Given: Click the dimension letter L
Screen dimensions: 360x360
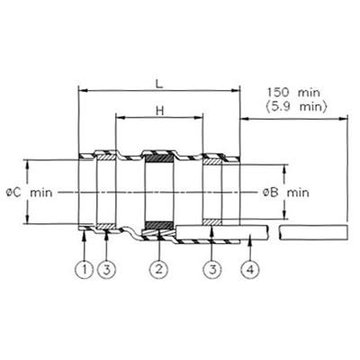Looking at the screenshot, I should [x=159, y=80].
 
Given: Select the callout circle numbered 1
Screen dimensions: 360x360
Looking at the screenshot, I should [x=85, y=269].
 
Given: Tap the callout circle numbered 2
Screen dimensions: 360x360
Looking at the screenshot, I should [x=159, y=269].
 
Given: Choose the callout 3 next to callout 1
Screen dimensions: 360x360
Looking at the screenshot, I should [x=106, y=269].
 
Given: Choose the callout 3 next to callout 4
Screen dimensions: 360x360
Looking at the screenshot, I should [x=214, y=269].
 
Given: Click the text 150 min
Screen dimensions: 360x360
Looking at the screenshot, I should [x=293, y=93].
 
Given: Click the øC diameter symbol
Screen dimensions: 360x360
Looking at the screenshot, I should [x=13, y=192].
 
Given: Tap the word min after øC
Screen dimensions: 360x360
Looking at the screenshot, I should [x=41, y=192].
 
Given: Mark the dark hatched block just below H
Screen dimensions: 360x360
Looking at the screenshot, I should [x=159, y=160].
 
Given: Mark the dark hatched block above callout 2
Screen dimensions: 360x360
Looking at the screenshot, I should [x=159, y=225].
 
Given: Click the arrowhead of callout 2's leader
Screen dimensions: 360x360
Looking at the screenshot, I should [x=159, y=236].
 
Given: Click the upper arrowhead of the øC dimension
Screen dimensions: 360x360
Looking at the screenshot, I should [x=27, y=161].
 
